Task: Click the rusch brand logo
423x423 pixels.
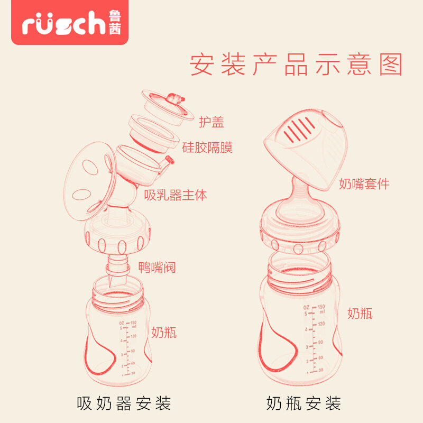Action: pyautogui.click(x=71, y=23)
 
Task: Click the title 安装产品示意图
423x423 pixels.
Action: pyautogui.click(x=296, y=65)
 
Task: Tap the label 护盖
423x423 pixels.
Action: pyautogui.click(x=211, y=122)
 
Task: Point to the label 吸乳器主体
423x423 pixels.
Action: pyautogui.click(x=176, y=195)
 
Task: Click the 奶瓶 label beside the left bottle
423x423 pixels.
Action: pyautogui.click(x=164, y=332)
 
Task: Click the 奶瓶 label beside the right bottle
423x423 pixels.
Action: pyautogui.click(x=360, y=313)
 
